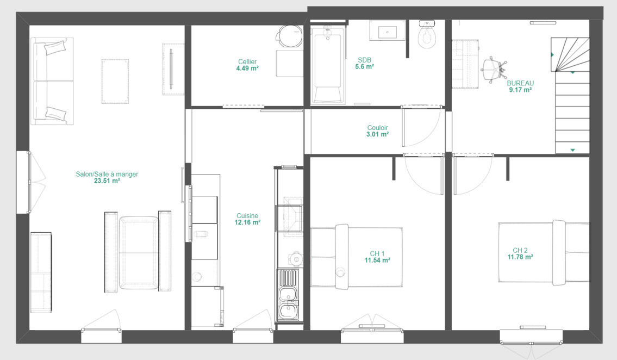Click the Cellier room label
coord(247,62)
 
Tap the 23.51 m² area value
coord(107,181)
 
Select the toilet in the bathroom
coord(427,34)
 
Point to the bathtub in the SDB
coord(327,65)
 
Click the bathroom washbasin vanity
coord(387,30)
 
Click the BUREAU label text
coord(520,83)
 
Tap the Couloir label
coord(377,128)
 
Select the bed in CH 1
coord(357,257)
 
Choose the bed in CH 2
coord(544,252)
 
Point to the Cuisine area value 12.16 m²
coord(247,222)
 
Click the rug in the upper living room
coord(115,82)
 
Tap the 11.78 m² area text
coord(520,257)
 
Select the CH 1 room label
coord(377,254)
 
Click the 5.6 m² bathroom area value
coord(364,67)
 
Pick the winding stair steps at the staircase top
coord(570,55)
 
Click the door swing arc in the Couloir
coord(433,132)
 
